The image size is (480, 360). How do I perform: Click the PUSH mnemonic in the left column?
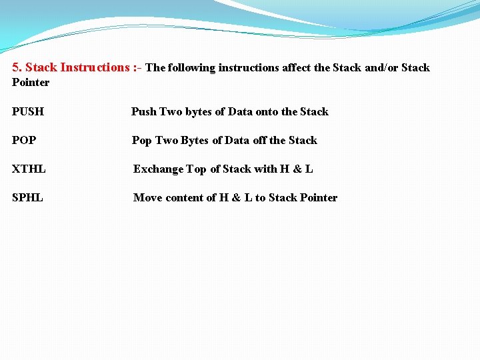[28, 112]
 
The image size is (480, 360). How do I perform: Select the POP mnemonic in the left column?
[24, 141]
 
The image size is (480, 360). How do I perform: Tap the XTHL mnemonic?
[29, 169]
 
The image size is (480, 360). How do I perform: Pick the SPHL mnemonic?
[27, 198]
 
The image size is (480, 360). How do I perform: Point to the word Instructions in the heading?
[94, 67]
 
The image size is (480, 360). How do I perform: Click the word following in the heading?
[192, 68]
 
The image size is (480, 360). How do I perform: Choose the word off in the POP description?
[259, 141]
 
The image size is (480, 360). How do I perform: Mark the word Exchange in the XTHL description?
[158, 169]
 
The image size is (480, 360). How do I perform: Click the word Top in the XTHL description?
[196, 169]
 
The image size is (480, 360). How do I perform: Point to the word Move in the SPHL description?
[147, 198]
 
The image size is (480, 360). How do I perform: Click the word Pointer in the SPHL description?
[319, 198]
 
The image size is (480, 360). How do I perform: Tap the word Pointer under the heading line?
[31, 83]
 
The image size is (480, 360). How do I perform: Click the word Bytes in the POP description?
[195, 141]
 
